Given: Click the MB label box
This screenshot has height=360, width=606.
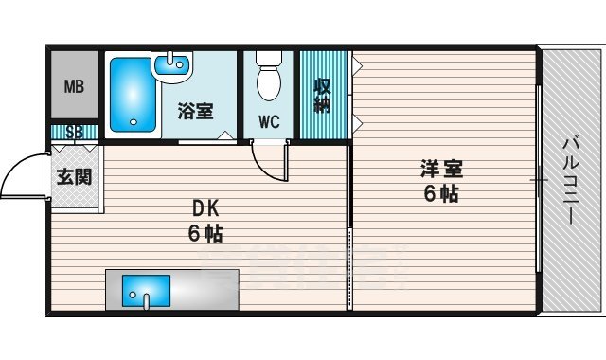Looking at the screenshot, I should tap(74, 86).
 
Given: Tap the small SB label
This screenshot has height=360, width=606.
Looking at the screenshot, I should tap(74, 132).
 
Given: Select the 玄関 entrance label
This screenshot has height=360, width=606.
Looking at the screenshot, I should tap(73, 176).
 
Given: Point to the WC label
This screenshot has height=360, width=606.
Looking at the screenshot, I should tap(270, 121).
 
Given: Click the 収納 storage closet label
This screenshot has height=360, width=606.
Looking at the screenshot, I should tap(322, 95).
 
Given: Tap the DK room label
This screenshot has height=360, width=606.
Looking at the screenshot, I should tap(205, 208).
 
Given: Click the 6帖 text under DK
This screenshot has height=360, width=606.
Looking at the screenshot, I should tap(205, 233).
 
